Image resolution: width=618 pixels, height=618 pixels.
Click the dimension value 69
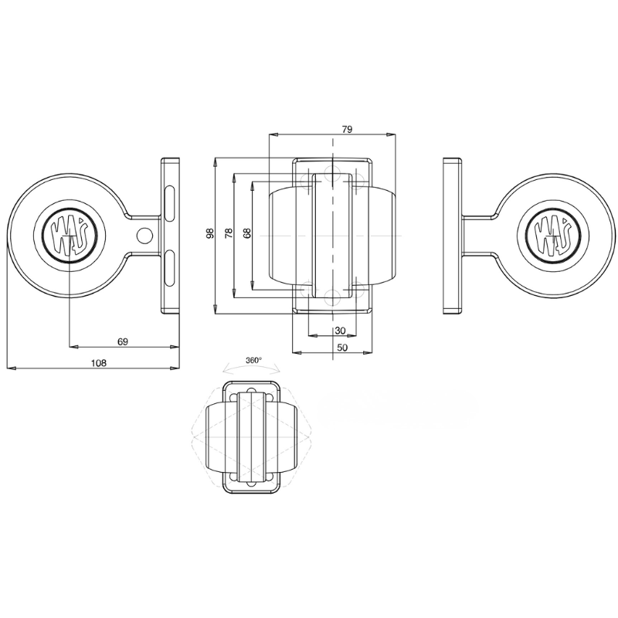(122, 340)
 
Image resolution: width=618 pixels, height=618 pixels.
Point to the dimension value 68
(246, 233)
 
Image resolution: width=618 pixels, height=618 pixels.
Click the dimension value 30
(339, 330)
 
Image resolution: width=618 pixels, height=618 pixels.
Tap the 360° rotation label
(253, 360)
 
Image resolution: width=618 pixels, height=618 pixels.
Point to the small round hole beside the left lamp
(144, 235)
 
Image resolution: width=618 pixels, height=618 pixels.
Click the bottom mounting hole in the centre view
(332, 295)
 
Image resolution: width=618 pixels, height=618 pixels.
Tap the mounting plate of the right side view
(453, 235)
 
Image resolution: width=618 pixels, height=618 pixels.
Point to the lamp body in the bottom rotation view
(250, 437)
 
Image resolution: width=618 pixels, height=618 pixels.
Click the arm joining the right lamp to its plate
(480, 234)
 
